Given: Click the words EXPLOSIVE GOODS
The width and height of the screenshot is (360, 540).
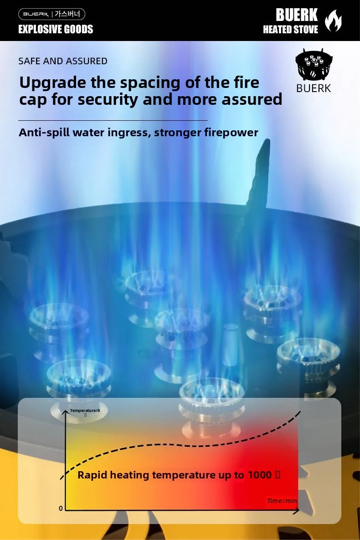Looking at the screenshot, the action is pyautogui.click(x=56, y=29).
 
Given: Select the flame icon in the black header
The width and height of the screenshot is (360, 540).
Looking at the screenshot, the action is pyautogui.click(x=333, y=21).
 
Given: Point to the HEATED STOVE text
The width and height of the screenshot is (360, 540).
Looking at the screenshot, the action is pyautogui.click(x=290, y=30).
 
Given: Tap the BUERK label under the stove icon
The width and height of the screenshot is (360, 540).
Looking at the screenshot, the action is pyautogui.click(x=314, y=88).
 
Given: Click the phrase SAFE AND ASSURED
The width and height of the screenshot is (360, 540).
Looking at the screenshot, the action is pyautogui.click(x=63, y=61).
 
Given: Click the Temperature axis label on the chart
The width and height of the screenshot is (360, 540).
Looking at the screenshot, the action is pyautogui.click(x=85, y=411).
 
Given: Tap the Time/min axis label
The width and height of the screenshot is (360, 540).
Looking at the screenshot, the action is pyautogui.click(x=282, y=501).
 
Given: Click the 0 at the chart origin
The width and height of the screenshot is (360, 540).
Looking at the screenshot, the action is pyautogui.click(x=61, y=508).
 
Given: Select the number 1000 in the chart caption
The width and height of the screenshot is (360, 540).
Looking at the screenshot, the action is pyautogui.click(x=260, y=475).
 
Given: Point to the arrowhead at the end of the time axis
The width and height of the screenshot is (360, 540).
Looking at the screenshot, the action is pyautogui.click(x=297, y=510).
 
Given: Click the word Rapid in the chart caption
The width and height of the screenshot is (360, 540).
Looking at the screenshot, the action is pyautogui.click(x=92, y=475).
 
